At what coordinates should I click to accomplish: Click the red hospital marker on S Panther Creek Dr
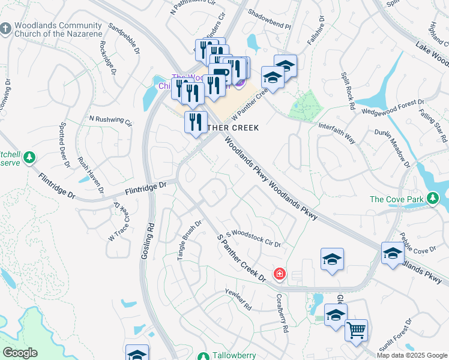(279, 275)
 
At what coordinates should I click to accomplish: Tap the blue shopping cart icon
(356, 330)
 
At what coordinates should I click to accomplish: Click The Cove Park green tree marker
(432, 199)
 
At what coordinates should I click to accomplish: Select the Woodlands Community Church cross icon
(5, 29)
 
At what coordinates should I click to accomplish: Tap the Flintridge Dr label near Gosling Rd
(146, 188)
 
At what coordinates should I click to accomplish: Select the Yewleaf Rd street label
(238, 299)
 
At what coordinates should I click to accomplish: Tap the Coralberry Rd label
(283, 311)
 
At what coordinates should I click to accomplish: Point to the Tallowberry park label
(235, 355)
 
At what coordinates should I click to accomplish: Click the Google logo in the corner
(20, 353)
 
